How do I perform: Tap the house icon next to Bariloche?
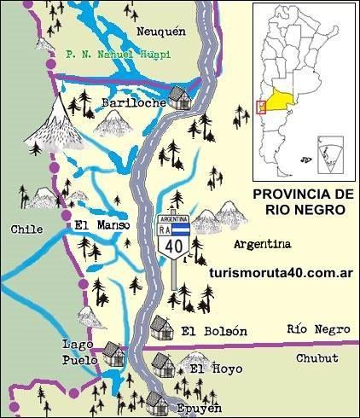click(179, 96)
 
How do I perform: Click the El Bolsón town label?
click(214, 331)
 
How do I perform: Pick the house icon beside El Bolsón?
click(160, 326)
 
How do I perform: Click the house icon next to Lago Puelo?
click(113, 352)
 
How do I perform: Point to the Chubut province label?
click(318, 358)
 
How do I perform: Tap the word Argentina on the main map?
click(262, 244)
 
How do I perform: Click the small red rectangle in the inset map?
click(260, 107)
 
